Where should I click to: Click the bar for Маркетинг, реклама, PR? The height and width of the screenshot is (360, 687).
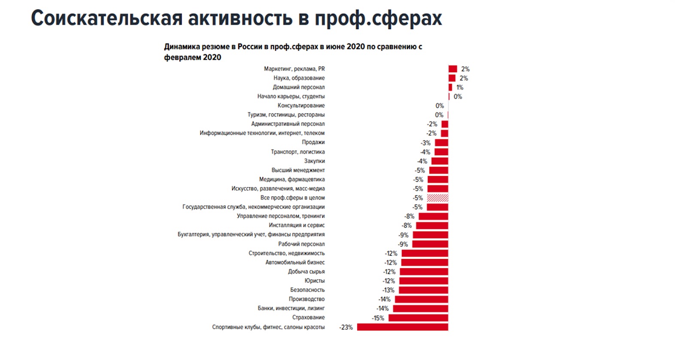(453, 69)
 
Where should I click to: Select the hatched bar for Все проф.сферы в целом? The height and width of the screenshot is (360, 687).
(438, 198)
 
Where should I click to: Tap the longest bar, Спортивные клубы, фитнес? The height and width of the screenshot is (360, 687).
(402, 327)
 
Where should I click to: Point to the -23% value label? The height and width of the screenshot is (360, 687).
(346, 327)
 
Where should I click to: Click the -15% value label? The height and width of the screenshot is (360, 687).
(378, 318)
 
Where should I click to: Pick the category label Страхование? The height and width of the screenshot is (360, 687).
(308, 317)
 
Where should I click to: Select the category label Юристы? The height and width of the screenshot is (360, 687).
(314, 281)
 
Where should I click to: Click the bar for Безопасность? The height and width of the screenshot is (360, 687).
(423, 290)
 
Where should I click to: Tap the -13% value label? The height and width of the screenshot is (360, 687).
(388, 290)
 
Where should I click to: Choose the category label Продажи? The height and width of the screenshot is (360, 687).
(313, 142)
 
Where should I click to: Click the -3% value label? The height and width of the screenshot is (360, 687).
(426, 143)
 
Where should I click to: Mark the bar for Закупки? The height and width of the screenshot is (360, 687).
(440, 161)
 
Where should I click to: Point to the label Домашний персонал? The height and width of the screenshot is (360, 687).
(298, 87)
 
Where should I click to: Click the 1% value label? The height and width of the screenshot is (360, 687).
(460, 88)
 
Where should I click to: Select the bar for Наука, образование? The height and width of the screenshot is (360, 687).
(452, 78)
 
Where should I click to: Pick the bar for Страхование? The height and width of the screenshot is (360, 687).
(418, 318)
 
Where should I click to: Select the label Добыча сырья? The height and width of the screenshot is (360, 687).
(306, 272)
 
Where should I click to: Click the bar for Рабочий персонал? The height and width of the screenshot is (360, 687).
(430, 244)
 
